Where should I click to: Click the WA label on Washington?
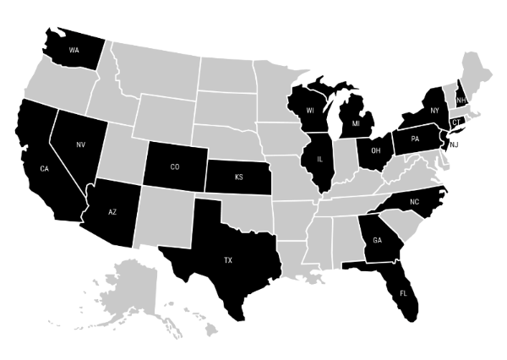tap(74, 48)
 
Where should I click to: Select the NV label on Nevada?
tap(81, 145)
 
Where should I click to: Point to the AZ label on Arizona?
tap(112, 211)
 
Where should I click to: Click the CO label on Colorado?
tap(175, 166)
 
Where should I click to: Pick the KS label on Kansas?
tap(238, 177)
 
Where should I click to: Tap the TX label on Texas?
tap(227, 260)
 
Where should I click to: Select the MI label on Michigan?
tap(355, 124)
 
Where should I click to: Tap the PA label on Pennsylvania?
tap(415, 138)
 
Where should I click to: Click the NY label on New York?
tap(433, 111)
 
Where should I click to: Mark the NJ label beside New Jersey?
tap(454, 145)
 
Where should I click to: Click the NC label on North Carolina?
tap(414, 202)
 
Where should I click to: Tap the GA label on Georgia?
tap(377, 239)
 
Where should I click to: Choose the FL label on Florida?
tap(402, 295)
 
